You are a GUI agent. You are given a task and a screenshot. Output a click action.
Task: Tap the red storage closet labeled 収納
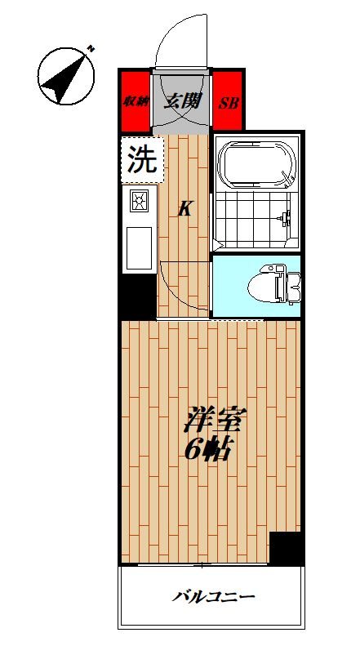pos(136,102)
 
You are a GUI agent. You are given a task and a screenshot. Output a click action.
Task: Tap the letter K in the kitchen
pos(185,209)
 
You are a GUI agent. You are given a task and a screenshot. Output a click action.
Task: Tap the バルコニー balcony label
pos(214,596)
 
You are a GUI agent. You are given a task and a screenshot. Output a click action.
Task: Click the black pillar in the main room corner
pos(287,547)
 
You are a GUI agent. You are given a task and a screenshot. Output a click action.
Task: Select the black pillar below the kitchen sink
pos(138,296)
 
